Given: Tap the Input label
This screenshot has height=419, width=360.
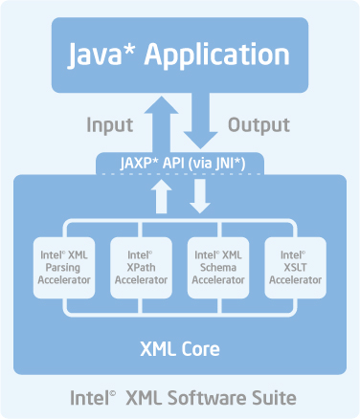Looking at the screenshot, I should pos(110,125).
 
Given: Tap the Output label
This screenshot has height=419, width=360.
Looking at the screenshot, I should pos(258,125).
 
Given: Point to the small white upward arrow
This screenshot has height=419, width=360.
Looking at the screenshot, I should pos(163,198).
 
